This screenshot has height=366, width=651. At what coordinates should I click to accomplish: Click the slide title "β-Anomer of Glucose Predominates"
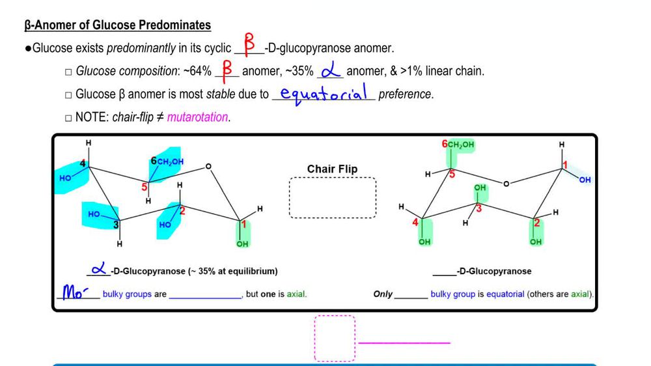point(118,25)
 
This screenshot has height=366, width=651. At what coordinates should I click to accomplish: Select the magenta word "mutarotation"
point(197,118)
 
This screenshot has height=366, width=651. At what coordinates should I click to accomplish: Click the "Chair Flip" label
point(332,169)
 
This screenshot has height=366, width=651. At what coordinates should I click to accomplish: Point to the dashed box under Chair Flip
point(333,198)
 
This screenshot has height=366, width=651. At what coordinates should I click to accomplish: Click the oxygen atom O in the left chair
point(208,167)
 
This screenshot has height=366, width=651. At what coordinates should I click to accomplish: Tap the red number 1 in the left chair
point(244,225)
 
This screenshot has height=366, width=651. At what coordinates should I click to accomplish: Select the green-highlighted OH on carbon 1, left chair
point(242,244)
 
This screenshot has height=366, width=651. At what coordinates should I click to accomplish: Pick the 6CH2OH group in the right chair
point(458,145)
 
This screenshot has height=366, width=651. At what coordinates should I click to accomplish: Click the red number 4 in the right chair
point(415,223)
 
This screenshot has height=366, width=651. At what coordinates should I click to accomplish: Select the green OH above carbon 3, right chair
point(480,188)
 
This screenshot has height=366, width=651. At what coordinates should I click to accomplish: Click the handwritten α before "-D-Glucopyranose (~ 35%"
point(98,269)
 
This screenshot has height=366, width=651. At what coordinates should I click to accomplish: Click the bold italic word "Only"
point(383,294)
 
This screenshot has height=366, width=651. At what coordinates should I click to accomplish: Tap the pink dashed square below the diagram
point(335,338)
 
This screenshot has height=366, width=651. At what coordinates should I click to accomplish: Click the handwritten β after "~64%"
point(227,70)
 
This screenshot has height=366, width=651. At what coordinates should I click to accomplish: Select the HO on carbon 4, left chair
point(66,178)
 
